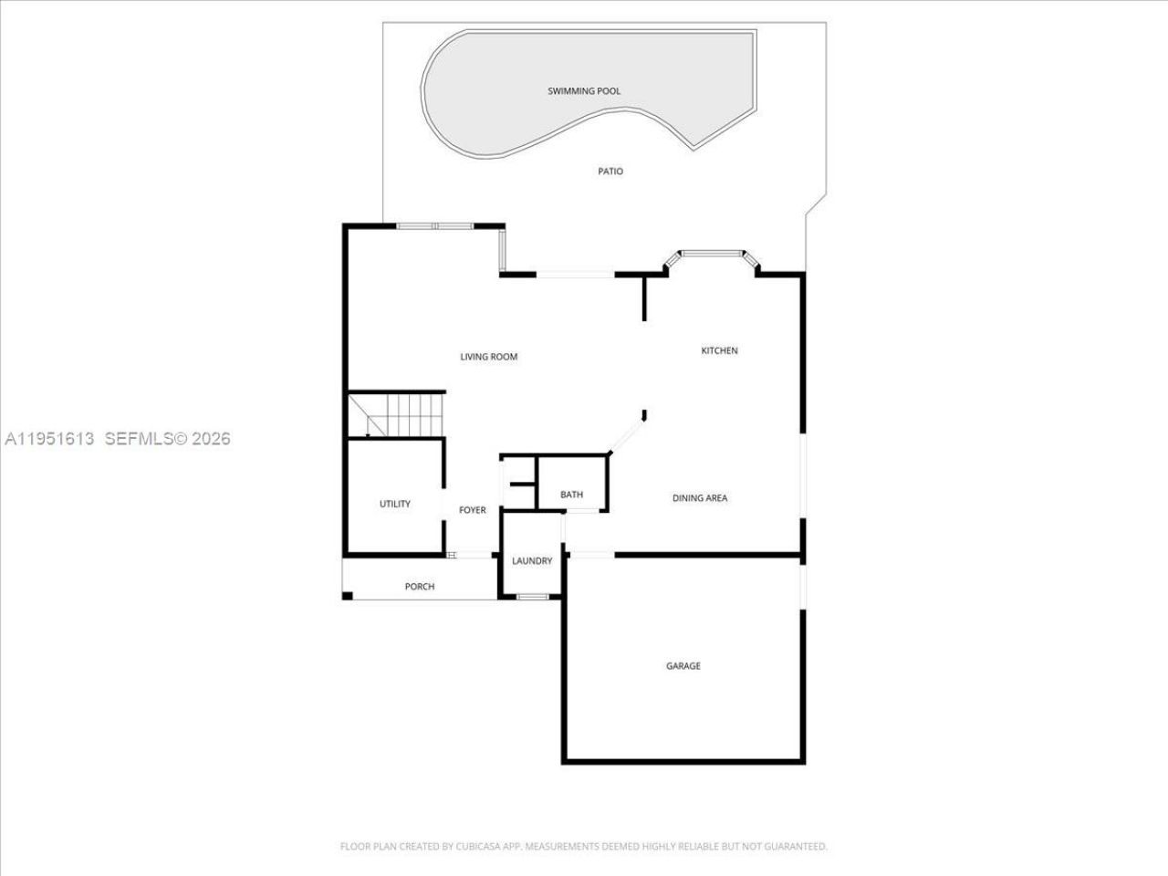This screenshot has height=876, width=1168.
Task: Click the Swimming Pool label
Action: click(584, 91)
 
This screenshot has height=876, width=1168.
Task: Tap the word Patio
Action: click(610, 172)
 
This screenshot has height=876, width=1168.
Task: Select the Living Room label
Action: click(488, 357)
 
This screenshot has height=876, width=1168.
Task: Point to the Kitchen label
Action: click(719, 350)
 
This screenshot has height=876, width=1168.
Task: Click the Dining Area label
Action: click(700, 498)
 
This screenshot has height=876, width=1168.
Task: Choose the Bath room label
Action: click(571, 495)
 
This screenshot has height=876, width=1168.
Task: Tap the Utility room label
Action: click(395, 504)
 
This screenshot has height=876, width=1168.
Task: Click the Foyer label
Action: click(473, 510)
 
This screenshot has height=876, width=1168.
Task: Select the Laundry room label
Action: click(532, 561)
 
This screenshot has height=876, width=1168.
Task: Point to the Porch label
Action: click(420, 587)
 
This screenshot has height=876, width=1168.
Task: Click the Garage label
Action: click(683, 666)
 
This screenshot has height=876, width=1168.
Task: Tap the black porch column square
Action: click(348, 596)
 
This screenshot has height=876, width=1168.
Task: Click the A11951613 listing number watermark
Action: click(50, 439)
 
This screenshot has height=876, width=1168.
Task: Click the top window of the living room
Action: click(435, 225)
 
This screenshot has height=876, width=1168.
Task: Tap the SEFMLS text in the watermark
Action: click(138, 439)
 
